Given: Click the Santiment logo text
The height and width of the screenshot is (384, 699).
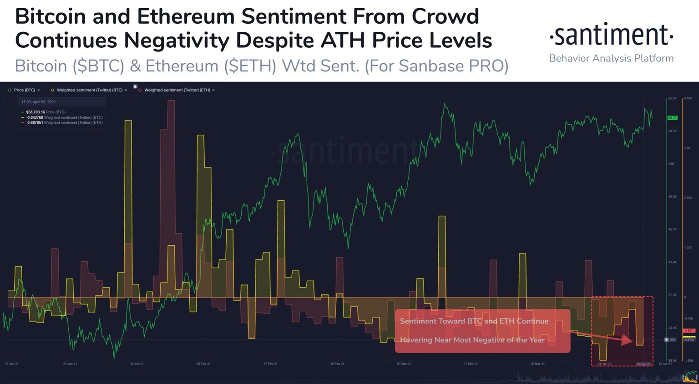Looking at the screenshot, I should (x=611, y=35).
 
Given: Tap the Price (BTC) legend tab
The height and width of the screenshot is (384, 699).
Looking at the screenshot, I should (x=24, y=90).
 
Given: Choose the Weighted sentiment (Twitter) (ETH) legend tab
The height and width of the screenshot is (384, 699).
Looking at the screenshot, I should (x=177, y=90).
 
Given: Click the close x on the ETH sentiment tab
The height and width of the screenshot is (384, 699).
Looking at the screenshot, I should (x=213, y=90).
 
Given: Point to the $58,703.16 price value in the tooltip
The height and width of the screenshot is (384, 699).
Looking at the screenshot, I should (x=35, y=112).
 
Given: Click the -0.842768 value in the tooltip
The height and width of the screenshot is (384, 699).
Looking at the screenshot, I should (x=34, y=117).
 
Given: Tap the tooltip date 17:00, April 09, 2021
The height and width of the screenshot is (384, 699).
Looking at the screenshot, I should (x=38, y=102).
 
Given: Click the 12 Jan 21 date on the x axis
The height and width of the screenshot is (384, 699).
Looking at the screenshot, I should (x=12, y=364).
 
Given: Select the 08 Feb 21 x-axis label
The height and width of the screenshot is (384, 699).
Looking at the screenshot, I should (x=203, y=364).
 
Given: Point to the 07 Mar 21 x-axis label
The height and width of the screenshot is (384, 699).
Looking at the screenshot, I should (x=404, y=364).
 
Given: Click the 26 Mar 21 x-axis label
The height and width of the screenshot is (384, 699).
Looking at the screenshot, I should (x=537, y=364).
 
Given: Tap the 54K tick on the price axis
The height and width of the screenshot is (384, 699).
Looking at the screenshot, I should (x=672, y=164).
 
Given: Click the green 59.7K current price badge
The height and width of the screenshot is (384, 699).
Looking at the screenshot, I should (x=672, y=118).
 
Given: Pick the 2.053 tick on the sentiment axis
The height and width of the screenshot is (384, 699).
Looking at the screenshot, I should (x=688, y=197).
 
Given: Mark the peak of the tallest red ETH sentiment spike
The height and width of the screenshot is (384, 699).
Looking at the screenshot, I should (x=171, y=101).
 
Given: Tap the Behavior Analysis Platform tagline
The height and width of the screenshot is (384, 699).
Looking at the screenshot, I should (x=611, y=58).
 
